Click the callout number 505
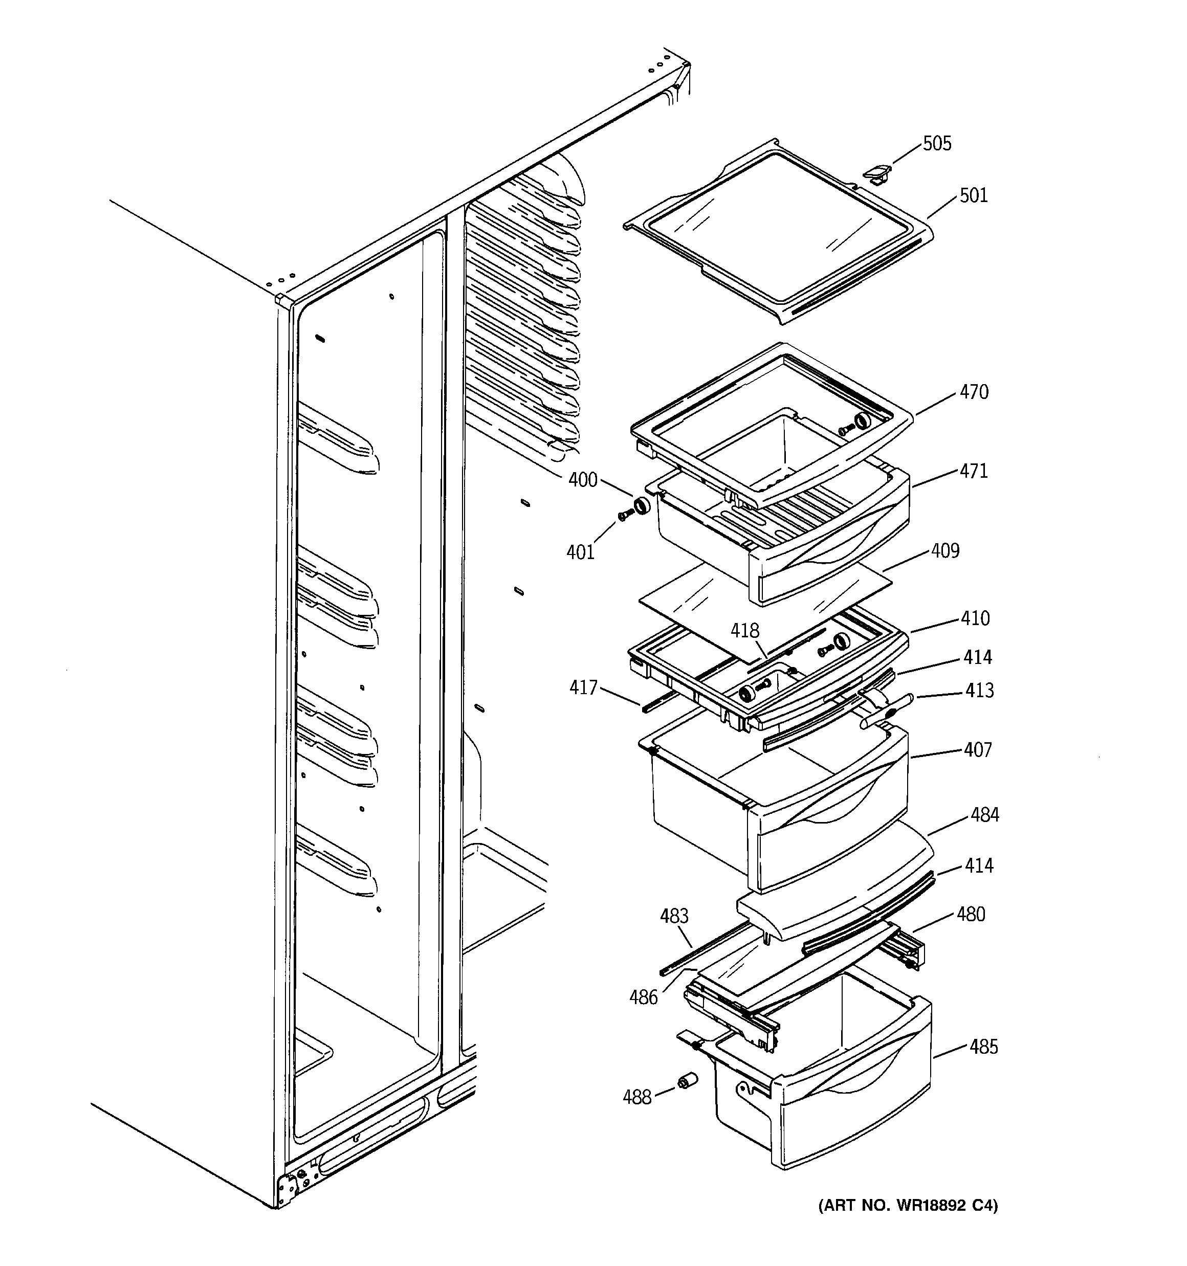coord(937,143)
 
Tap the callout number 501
coord(973,195)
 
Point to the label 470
coord(974,392)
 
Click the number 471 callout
coord(974,471)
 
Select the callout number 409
coord(945,551)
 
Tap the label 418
coord(745,631)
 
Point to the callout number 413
coord(979,691)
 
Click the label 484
coord(984,814)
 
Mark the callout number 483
coord(674,916)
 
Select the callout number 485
coord(984,1047)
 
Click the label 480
coord(971,915)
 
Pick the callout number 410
coord(975,618)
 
